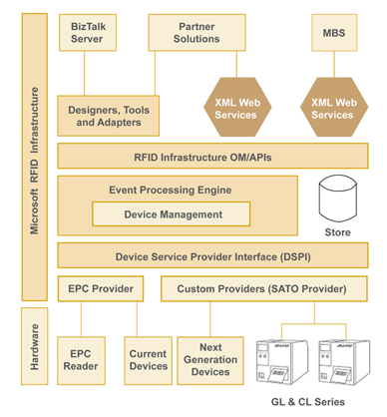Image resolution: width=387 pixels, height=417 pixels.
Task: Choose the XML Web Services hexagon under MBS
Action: coord(331,108)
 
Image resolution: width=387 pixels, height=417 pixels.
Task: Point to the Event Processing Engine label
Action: coord(170,190)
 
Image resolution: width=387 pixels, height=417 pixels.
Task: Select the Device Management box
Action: coord(172,213)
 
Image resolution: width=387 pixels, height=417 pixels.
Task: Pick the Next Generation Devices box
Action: coord(209,361)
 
